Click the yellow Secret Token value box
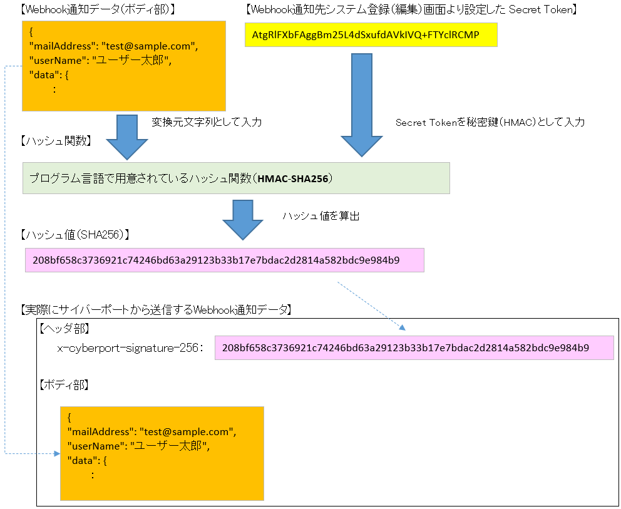tap(371, 34)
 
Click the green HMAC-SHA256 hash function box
tap(236, 178)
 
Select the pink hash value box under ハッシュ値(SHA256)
tap(224, 260)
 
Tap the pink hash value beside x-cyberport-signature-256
tap(414, 347)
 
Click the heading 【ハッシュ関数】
tap(56, 141)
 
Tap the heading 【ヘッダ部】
tap(64, 327)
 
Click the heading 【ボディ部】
tap(64, 384)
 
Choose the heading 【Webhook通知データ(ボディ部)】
tap(97, 9)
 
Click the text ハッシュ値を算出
tap(321, 217)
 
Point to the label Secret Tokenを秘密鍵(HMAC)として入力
tap(490, 123)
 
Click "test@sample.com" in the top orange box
tap(158, 46)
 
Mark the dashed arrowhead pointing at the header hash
tap(403, 327)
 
